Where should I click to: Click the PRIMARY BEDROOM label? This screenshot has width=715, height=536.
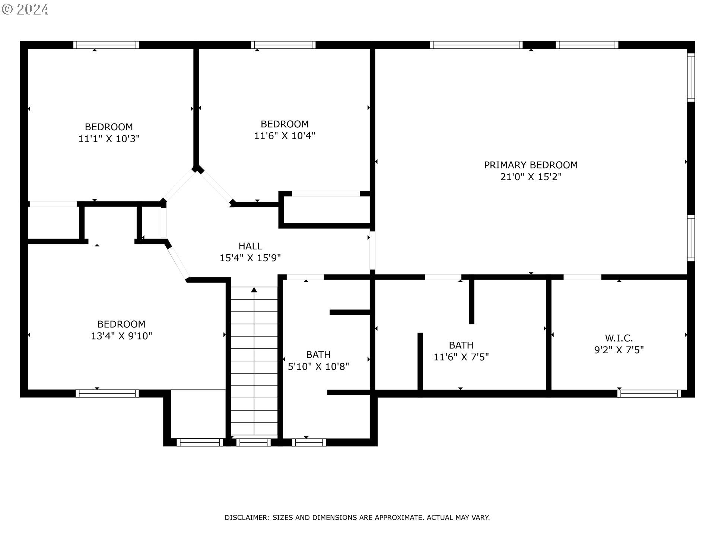pyautogui.click(x=531, y=165)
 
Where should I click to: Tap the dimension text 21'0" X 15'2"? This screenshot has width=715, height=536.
pyautogui.click(x=531, y=176)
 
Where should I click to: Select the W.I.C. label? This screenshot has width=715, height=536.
pyautogui.click(x=619, y=338)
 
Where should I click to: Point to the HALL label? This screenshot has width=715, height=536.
pyautogui.click(x=250, y=246)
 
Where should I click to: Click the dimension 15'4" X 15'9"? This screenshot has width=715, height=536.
pyautogui.click(x=250, y=258)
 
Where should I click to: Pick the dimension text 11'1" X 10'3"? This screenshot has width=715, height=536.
pyautogui.click(x=109, y=139)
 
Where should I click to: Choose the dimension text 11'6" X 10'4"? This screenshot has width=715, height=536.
pyautogui.click(x=285, y=135)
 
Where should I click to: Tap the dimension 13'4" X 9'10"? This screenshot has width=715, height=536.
pyautogui.click(x=121, y=336)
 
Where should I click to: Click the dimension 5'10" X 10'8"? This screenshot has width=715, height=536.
pyautogui.click(x=318, y=367)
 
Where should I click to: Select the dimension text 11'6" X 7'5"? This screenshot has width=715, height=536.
pyautogui.click(x=461, y=357)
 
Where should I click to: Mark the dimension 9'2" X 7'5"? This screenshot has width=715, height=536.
pyautogui.click(x=619, y=350)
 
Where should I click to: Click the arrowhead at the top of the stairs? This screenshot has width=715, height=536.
pyautogui.click(x=254, y=290)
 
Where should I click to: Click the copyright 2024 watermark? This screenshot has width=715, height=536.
pyautogui.click(x=25, y=9)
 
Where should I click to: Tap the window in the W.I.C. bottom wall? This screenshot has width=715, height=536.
pyautogui.click(x=649, y=393)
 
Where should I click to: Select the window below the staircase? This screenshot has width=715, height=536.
pyautogui.click(x=253, y=442)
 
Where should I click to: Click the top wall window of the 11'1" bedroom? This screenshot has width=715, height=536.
pyautogui.click(x=106, y=45)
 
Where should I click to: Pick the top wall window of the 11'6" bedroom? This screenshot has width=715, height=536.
pyautogui.click(x=283, y=45)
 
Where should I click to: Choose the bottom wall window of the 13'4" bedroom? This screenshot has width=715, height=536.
pyautogui.click(x=107, y=393)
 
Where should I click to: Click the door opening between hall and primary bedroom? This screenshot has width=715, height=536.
pyautogui.click(x=372, y=251)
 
